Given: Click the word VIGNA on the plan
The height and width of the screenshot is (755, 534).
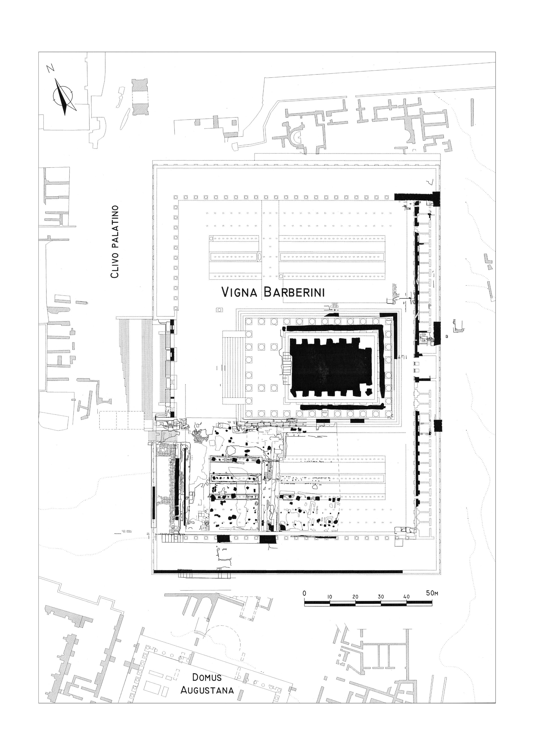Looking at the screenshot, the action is [239, 292].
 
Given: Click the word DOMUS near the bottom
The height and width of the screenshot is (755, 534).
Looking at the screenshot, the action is [207, 711].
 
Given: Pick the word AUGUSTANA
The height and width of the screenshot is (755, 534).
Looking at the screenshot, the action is [207, 724].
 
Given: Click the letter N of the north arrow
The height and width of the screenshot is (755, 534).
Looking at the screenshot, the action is [50, 68].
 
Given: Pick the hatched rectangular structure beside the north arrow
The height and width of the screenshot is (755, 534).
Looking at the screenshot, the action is [140, 97].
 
